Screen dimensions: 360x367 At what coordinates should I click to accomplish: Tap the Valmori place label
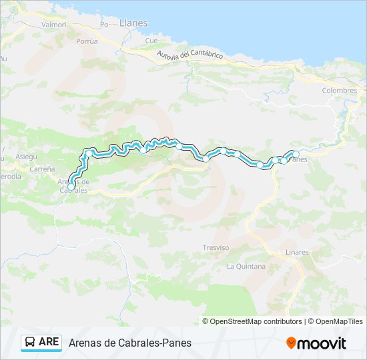(54, 25)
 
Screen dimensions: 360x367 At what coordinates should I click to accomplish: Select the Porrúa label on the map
(87, 41)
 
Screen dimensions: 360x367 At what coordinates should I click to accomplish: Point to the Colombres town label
(339, 91)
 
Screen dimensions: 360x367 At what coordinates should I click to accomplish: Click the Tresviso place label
(216, 247)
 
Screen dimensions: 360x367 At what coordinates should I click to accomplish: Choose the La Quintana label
(246, 267)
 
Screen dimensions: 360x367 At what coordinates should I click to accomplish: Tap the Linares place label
(296, 252)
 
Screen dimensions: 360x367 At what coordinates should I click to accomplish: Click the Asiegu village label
(27, 156)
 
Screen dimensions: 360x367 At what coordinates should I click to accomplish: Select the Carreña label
(41, 169)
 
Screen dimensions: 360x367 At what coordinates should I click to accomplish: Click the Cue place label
(151, 41)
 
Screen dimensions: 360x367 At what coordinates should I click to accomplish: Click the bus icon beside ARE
(30, 343)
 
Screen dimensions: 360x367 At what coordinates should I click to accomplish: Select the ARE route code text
(49, 343)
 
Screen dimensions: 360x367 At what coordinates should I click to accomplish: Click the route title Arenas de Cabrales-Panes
(129, 343)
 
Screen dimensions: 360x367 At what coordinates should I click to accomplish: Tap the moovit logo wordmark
(322, 343)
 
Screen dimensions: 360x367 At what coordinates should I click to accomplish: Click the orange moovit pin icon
(291, 343)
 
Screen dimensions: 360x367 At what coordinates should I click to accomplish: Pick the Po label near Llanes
(103, 25)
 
